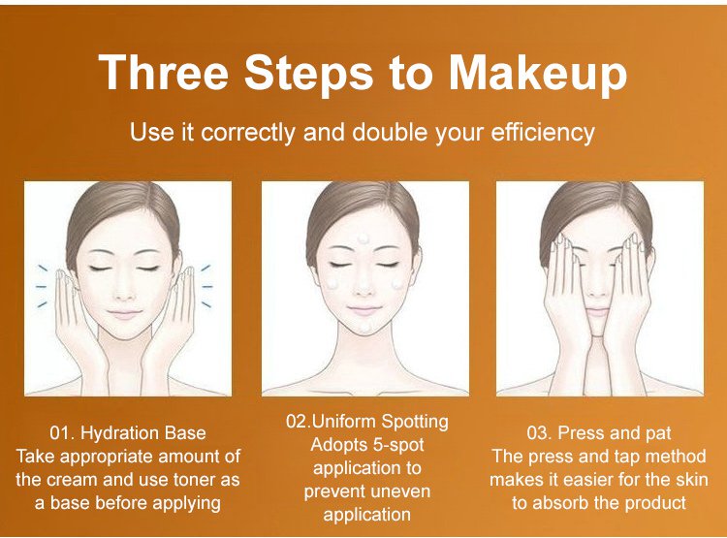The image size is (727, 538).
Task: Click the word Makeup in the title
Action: pos(538,74)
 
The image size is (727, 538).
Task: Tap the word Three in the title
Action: pos(164,73)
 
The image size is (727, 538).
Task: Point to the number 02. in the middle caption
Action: pos(299,421)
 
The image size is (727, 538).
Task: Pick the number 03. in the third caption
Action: pos(539,433)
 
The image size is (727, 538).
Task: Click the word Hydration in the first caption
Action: pos(116,433)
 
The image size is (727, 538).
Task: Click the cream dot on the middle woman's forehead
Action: pos(363,238)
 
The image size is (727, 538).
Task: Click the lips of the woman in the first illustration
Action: pos(124,314)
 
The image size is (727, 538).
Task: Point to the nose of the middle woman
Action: pos(363,291)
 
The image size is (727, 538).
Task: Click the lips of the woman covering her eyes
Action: pos(597,311)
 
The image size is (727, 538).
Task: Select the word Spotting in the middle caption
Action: pos(415,422)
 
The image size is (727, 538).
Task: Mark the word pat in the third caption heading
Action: pos(658,434)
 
